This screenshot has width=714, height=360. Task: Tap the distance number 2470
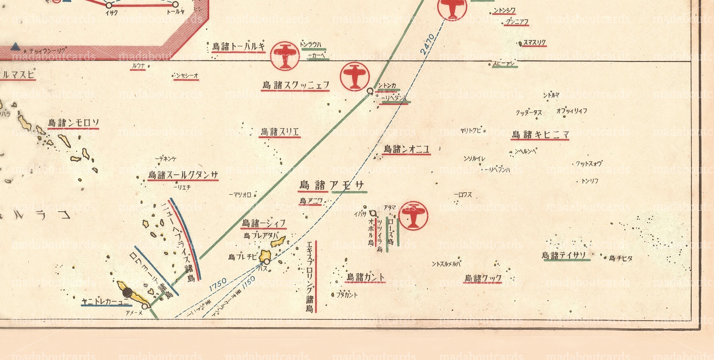click(427, 44)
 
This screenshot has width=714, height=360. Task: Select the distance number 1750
click(218, 285)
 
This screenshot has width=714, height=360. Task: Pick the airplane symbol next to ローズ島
click(413, 216)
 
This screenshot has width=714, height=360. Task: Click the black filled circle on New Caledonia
click(128, 292)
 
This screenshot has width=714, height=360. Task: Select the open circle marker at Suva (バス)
click(267, 262)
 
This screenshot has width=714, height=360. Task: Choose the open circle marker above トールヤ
click(175, 4)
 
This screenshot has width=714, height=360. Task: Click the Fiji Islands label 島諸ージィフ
click(264, 223)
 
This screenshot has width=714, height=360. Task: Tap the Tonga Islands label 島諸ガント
click(366, 277)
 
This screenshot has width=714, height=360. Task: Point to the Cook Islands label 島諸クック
click(483, 278)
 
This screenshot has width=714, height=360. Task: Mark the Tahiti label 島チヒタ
click(620, 258)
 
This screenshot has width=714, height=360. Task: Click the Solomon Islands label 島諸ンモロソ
click(73, 123)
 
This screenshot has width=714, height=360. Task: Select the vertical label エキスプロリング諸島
click(310, 277)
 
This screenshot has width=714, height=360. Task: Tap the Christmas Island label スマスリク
click(535, 43)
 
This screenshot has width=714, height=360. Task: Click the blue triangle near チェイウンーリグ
click(15, 46)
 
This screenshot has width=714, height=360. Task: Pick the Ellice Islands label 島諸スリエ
click(279, 132)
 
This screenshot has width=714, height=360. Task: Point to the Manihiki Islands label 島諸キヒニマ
click(540, 135)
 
